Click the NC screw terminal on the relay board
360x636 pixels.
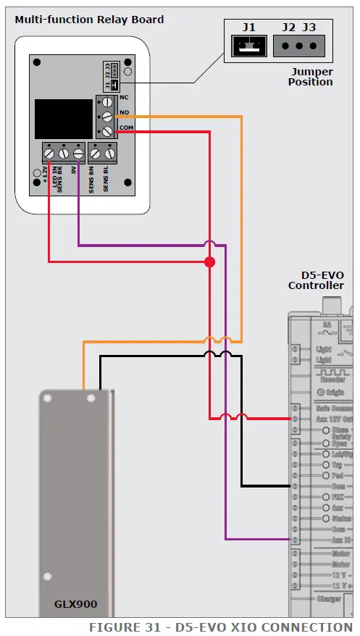pos(106,102)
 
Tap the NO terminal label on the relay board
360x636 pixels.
pos(125,112)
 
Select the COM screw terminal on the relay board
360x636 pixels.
pos(106,130)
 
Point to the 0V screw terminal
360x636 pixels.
pos(78,153)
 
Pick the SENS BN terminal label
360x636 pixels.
pos(92,178)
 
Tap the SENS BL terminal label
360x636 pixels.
pos(106,178)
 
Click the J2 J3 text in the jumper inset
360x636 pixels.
pos(299,27)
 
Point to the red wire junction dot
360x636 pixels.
pos(209,261)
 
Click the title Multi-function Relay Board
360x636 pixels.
pos(89,20)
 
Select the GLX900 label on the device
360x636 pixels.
pos(75,603)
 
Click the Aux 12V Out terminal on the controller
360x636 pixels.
pos(294,419)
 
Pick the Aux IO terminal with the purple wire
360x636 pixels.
pos(294,540)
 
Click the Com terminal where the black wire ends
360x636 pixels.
pos(294,486)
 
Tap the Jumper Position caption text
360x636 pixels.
pos(311,77)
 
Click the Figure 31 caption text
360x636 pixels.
pos(220,627)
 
